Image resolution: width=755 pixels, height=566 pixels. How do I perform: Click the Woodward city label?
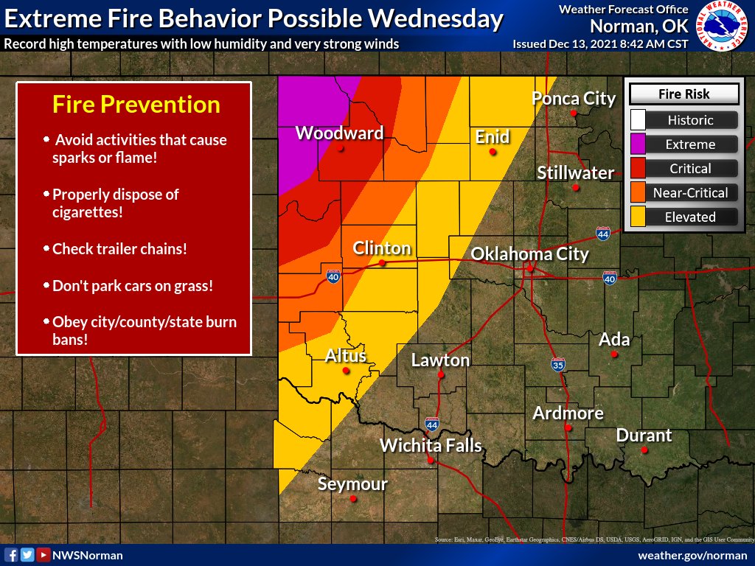click(x=339, y=133)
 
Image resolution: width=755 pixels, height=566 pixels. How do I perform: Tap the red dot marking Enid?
click(x=493, y=152)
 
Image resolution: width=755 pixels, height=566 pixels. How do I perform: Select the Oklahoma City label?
click(x=529, y=254)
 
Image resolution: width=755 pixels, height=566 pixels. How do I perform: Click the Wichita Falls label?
click(x=431, y=445)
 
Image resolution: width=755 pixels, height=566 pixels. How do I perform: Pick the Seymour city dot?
click(x=353, y=499)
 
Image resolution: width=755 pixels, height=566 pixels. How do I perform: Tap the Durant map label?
click(x=644, y=435)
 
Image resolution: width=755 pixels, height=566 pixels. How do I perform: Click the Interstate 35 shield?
click(x=558, y=364)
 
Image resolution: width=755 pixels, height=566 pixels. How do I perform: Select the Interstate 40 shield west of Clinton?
click(x=333, y=278)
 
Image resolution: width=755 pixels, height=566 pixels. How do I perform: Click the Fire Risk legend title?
click(x=683, y=94)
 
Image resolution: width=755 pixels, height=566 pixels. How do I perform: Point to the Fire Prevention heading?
click(x=136, y=105)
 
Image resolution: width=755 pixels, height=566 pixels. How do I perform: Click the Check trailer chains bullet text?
click(x=119, y=249)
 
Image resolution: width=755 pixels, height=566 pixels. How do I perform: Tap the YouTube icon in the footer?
click(x=44, y=555)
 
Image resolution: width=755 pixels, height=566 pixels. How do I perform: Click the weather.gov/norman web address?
click(x=692, y=555)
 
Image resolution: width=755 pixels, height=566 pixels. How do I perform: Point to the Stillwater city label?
click(x=575, y=173)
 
